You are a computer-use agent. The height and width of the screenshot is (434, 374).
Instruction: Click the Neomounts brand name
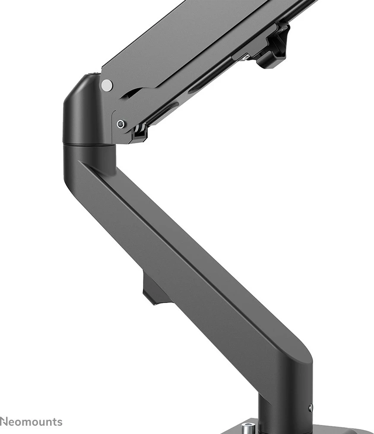[31, 422]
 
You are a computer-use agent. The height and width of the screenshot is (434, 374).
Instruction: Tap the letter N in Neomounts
[3, 422]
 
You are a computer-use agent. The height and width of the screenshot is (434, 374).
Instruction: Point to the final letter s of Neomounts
[60, 422]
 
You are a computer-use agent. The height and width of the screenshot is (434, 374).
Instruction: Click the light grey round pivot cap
[106, 85]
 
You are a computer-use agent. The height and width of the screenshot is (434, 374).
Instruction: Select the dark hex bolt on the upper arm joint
[121, 124]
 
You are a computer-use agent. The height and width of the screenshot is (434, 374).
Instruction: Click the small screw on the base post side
[311, 408]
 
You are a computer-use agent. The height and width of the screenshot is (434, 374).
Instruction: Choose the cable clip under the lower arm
[155, 290]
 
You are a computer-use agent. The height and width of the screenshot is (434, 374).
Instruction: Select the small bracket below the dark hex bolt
[139, 132]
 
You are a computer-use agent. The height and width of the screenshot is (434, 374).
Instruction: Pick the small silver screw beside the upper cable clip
[246, 57]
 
